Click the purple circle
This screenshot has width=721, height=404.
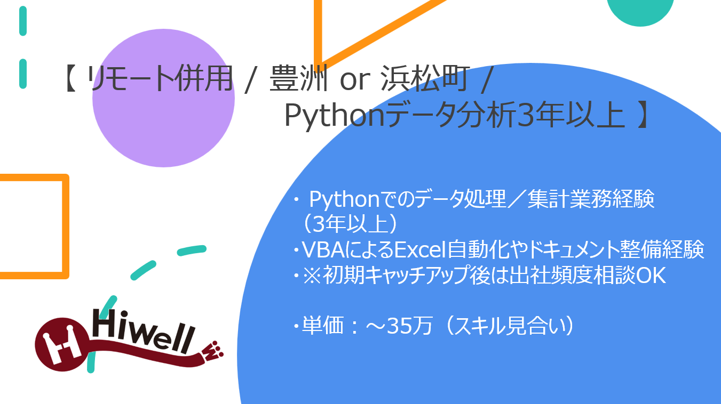(163, 98)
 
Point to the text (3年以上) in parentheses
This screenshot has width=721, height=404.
(350, 224)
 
